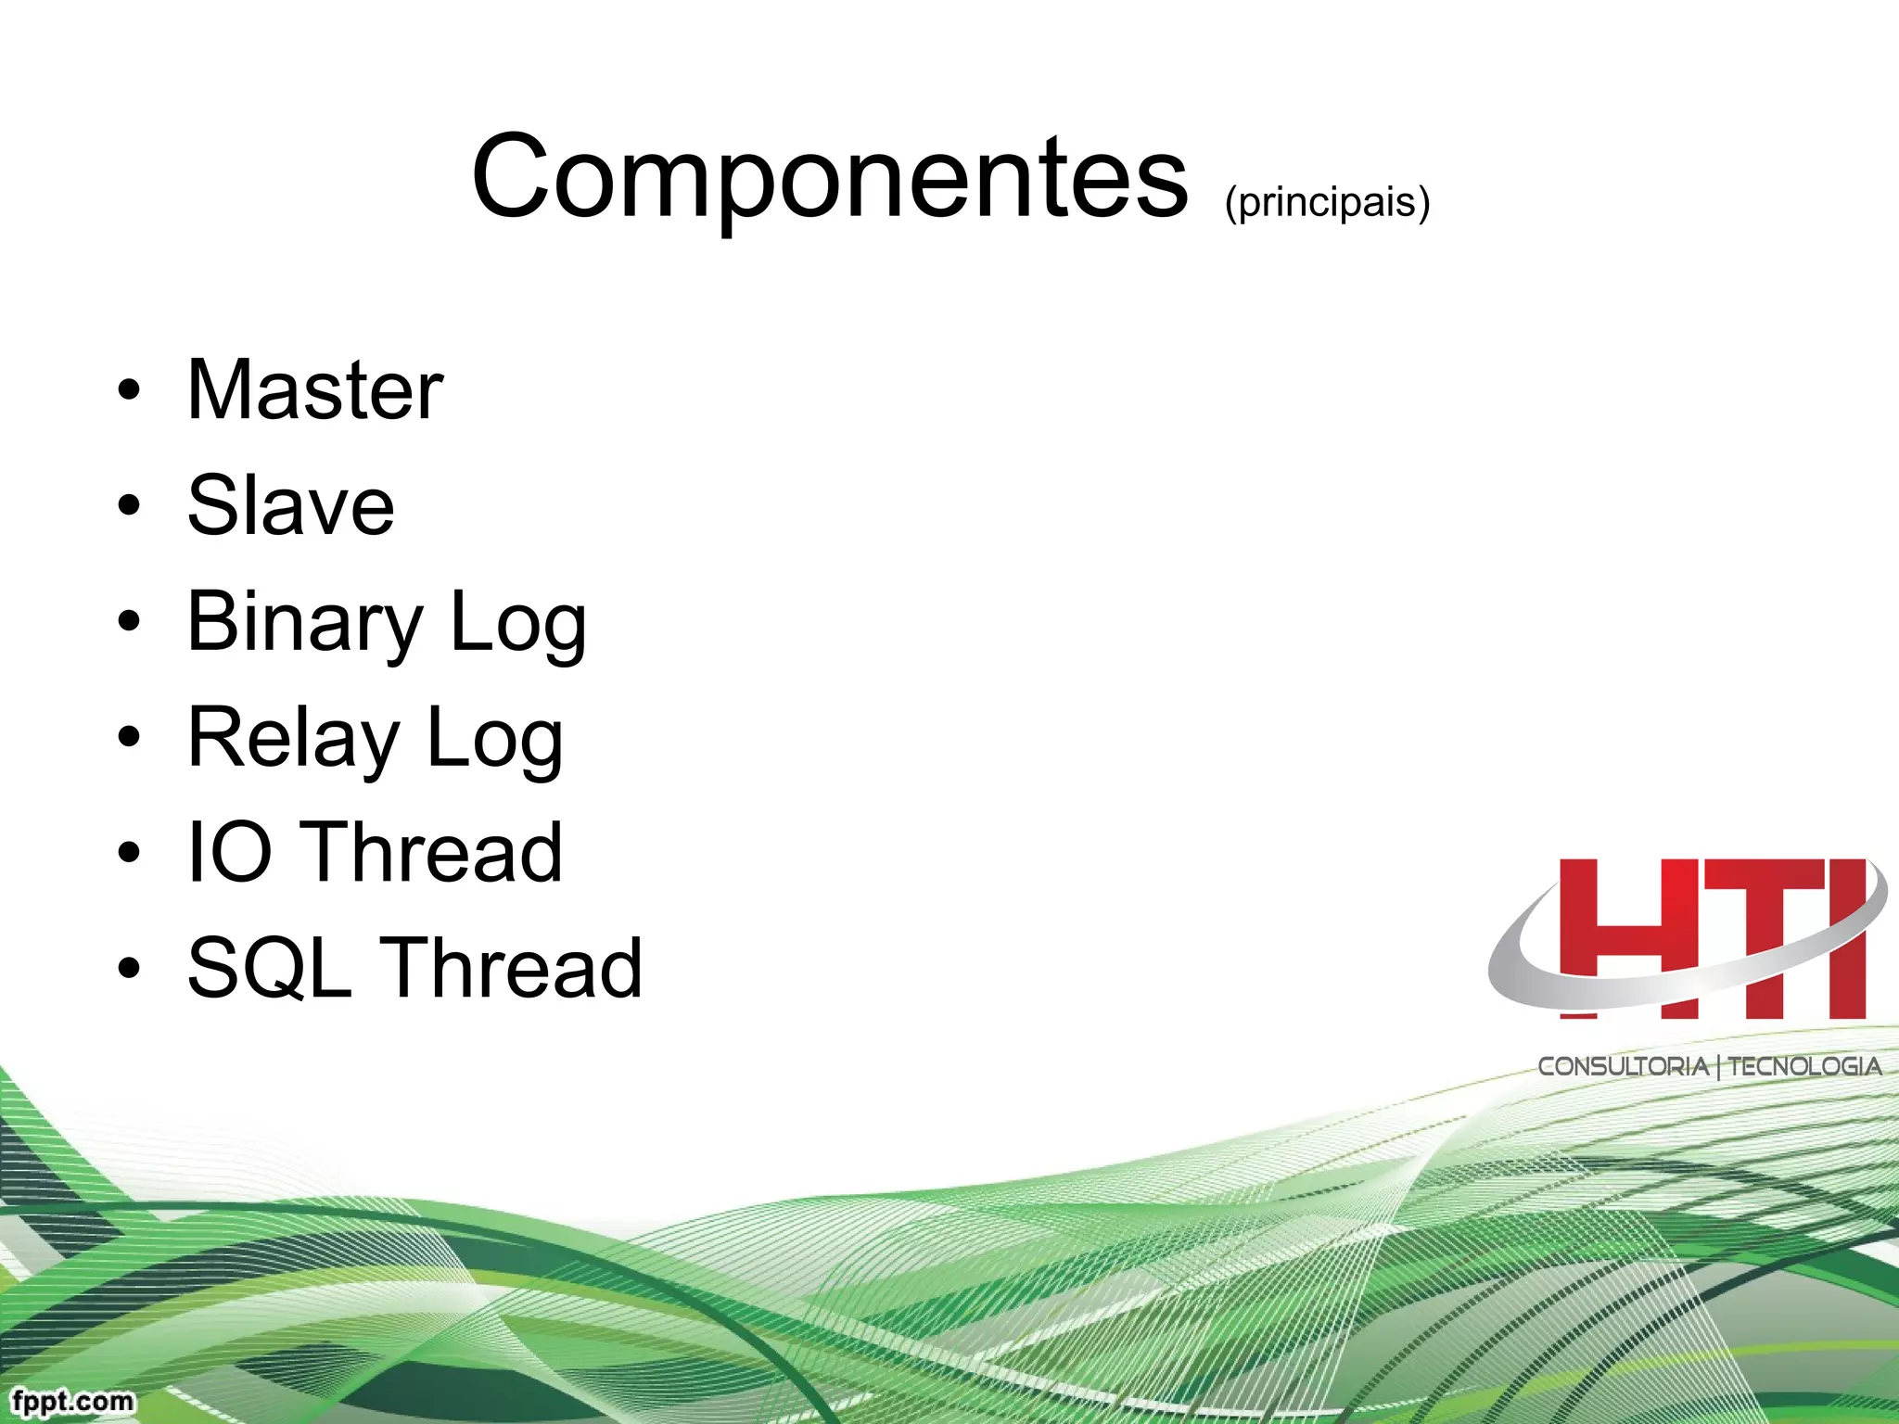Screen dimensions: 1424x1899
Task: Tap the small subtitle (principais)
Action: coord(1327,201)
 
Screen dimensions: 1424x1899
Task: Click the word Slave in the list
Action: coord(291,505)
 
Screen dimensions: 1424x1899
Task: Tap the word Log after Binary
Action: coord(517,623)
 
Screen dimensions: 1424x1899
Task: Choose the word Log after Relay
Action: coord(494,739)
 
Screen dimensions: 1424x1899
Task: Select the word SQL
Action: coord(270,968)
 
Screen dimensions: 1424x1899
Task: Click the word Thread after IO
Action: coord(434,852)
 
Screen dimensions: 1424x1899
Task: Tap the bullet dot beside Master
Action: coord(130,390)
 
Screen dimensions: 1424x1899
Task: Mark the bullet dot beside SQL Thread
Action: coord(130,969)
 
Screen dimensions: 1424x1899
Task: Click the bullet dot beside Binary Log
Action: coord(130,622)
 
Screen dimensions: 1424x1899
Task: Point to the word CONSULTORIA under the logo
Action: coord(1623,1066)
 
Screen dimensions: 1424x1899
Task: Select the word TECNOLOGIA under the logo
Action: coord(1804,1066)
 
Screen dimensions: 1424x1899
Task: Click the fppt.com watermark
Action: coord(73,1400)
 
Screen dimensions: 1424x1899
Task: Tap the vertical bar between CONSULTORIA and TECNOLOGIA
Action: coord(1718,1067)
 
